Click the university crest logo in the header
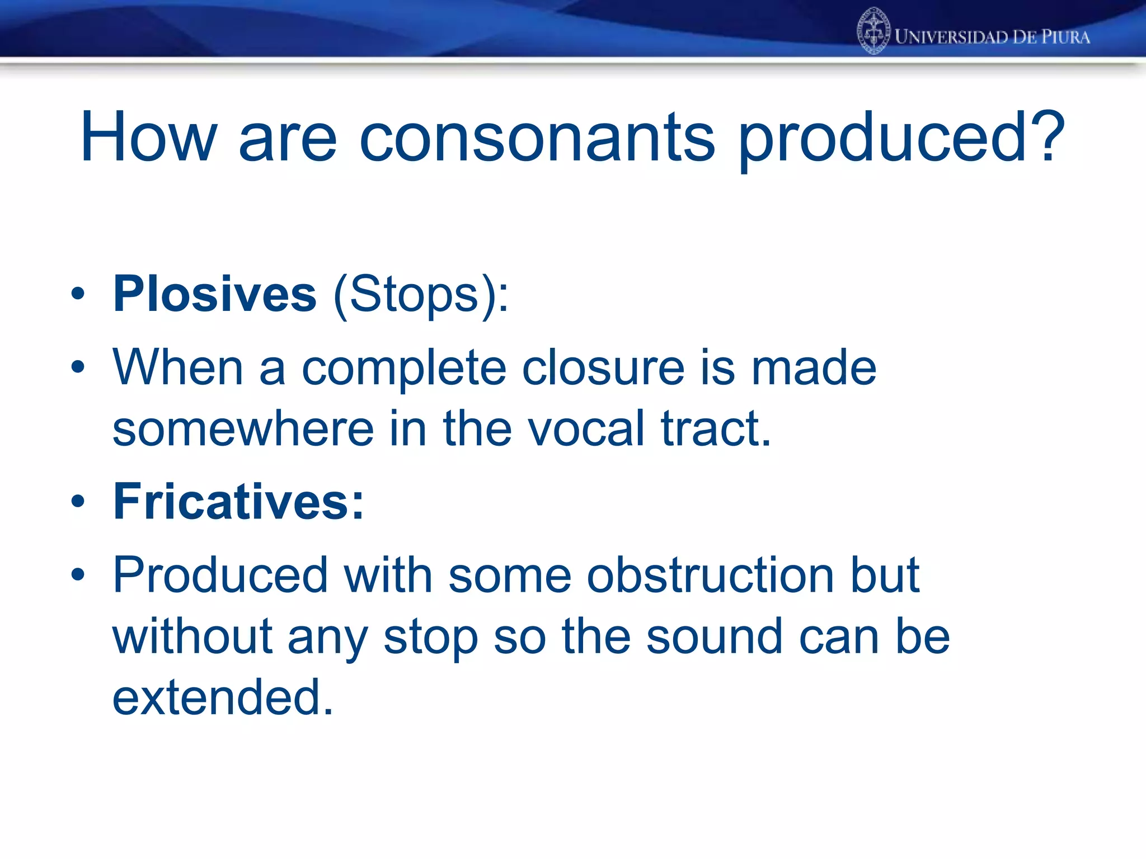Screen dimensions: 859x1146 (x=873, y=31)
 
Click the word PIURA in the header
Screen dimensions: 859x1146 (x=1065, y=37)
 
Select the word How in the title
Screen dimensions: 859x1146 (x=148, y=137)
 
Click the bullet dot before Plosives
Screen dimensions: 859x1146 (x=78, y=294)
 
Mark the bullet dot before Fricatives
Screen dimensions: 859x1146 (x=78, y=501)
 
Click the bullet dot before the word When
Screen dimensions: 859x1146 (x=78, y=367)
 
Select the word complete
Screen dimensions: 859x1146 (x=404, y=369)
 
